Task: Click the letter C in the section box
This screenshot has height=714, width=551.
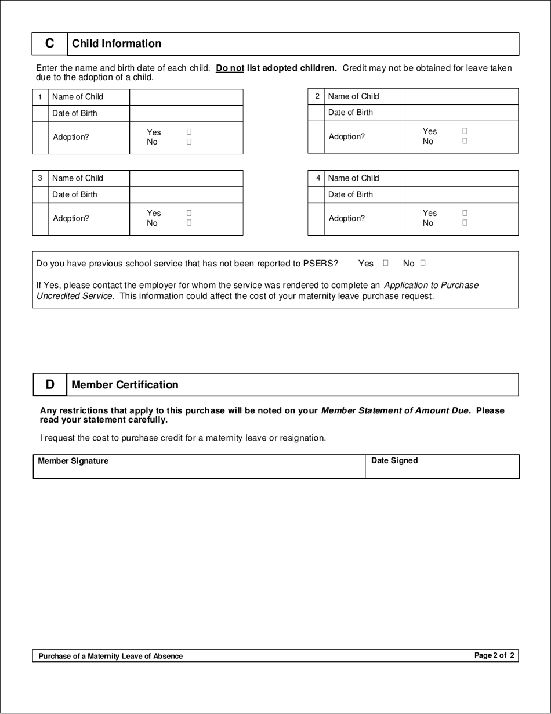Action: pos(50,44)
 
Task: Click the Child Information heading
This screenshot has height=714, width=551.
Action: pos(117,44)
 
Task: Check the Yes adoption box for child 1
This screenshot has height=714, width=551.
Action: pos(189,132)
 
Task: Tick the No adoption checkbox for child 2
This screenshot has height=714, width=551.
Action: pos(465,140)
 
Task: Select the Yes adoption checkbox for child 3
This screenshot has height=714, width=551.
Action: pos(189,213)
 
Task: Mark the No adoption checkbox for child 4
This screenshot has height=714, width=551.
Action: pos(465,222)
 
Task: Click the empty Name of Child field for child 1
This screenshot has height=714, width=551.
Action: pos(186,97)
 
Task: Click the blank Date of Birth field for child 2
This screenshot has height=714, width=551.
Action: pos(461,113)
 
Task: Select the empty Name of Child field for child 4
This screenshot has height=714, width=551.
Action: pos(461,178)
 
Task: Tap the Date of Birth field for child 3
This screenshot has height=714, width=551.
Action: pos(186,194)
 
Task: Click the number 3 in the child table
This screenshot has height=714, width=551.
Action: pos(40,178)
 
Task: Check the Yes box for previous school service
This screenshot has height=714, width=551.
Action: pos(386,263)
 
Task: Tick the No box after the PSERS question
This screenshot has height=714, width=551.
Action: pos(423,263)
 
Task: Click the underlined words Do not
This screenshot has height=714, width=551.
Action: pos(230,68)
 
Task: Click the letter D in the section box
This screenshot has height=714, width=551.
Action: pos(50,384)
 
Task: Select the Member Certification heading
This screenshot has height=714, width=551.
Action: pos(125,385)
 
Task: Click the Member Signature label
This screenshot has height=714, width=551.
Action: pos(73,461)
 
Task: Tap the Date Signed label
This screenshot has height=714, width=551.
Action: pos(394,460)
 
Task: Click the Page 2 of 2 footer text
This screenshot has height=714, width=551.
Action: pos(494,655)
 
